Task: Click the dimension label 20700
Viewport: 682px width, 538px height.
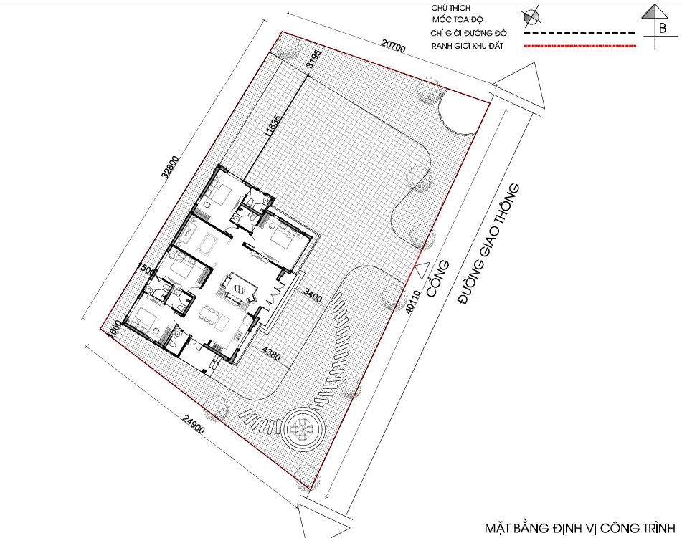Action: pos(393,46)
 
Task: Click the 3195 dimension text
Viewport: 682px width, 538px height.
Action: pos(315,59)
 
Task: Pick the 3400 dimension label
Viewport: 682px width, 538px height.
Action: pos(313,296)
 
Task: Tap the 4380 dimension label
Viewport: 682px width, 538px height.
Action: pos(271,353)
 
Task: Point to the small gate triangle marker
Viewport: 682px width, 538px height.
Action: pos(421,270)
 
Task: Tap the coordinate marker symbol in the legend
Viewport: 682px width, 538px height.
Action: pos(531,16)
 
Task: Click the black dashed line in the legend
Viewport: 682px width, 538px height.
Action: pos(579,32)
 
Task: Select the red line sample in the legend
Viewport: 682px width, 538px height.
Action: pos(579,46)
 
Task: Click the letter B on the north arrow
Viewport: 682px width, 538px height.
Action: pos(662,28)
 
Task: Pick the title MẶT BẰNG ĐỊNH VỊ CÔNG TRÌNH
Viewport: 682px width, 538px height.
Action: pos(579,528)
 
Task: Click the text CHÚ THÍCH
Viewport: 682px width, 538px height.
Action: pos(453,8)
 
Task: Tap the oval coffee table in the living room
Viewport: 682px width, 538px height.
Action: pos(240,288)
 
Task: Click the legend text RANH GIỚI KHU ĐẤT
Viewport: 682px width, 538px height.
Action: pos(468,46)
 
